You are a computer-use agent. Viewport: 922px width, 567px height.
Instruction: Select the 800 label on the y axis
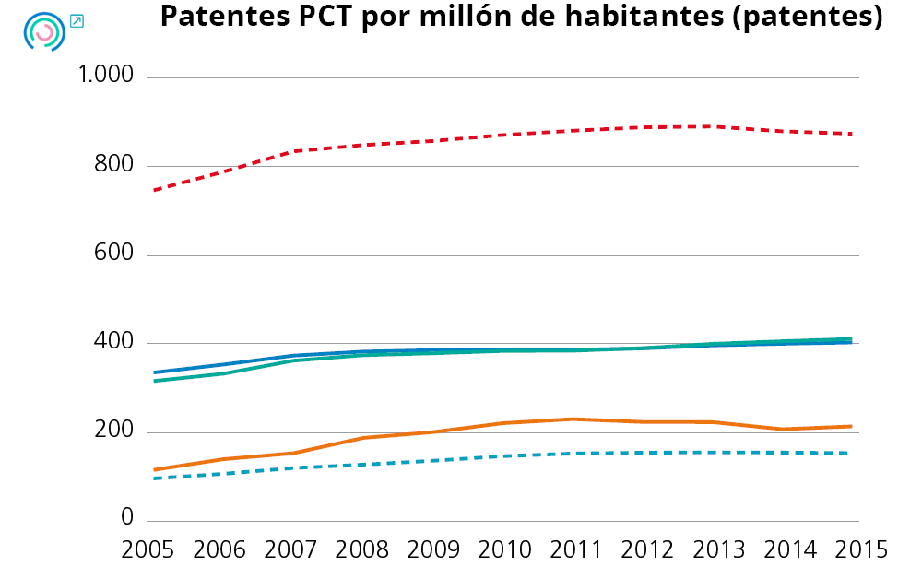[x=114, y=166]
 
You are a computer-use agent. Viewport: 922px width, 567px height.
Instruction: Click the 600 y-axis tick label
[x=114, y=254]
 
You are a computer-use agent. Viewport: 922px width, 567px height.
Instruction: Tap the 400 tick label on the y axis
[x=114, y=343]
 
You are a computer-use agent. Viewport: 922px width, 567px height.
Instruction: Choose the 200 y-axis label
[x=114, y=431]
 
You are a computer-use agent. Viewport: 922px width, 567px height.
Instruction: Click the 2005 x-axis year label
[x=148, y=549]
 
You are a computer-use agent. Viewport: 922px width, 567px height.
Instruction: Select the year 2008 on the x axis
[x=362, y=549]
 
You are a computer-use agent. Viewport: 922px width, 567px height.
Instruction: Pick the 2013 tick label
[x=719, y=549]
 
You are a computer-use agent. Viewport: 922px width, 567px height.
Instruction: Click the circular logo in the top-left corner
[x=43, y=30]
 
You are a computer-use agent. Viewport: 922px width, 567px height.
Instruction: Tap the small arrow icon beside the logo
[x=77, y=21]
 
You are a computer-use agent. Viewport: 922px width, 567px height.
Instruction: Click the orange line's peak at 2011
[x=573, y=419]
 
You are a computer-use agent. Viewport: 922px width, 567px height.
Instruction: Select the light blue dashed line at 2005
[x=154, y=478]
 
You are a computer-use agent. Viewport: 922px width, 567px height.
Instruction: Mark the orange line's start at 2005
[x=154, y=469]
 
